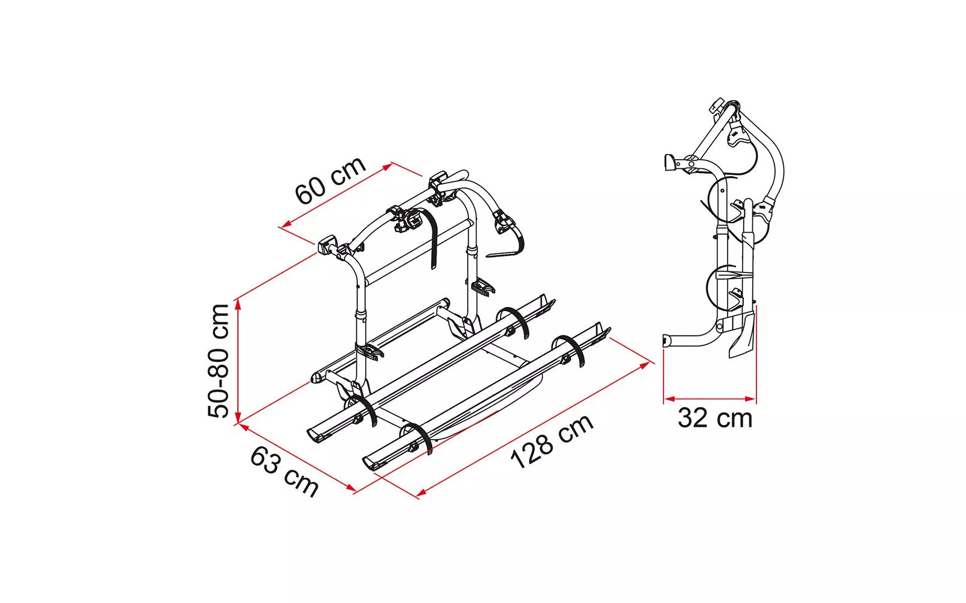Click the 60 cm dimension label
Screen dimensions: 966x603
[330, 181]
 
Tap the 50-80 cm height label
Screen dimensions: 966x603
[218, 361]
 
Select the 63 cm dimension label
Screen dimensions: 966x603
[284, 471]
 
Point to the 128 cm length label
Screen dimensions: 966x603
[552, 441]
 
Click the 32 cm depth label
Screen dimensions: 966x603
[715, 418]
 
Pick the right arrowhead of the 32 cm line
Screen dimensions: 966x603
[750, 399]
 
